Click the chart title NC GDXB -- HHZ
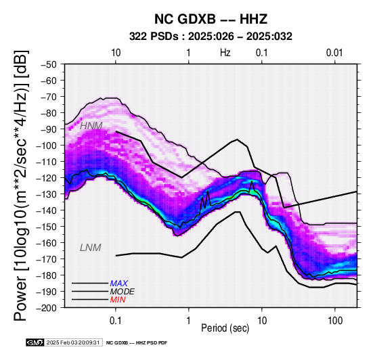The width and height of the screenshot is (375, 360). point(211,19)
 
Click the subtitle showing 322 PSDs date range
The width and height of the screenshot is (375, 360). point(211,37)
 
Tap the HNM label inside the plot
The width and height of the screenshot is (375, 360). point(91,126)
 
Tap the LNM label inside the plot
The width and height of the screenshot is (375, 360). point(91,248)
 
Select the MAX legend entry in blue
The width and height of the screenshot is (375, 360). point(119,284)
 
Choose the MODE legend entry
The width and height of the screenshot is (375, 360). point(123,292)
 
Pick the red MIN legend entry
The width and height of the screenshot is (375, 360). point(118,300)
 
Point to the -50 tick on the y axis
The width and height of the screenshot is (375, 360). point(49,64)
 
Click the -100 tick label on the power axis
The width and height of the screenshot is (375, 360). point(47,145)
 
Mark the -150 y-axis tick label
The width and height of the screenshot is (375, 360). point(47,227)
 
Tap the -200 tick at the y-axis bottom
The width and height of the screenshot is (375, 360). point(47,308)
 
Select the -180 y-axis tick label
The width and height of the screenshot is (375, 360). point(47,275)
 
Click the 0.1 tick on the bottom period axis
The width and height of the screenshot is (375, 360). point(116,321)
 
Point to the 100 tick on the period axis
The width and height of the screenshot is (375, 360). point(335,321)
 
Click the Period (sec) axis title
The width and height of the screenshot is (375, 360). point(225,328)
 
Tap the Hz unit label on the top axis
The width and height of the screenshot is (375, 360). point(225,53)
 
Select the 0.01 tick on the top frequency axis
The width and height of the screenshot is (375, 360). point(334,53)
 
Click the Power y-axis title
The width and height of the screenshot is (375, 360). point(21,185)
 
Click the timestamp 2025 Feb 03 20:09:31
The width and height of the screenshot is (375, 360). point(73,342)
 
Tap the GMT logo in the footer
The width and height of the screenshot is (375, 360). point(35,342)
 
